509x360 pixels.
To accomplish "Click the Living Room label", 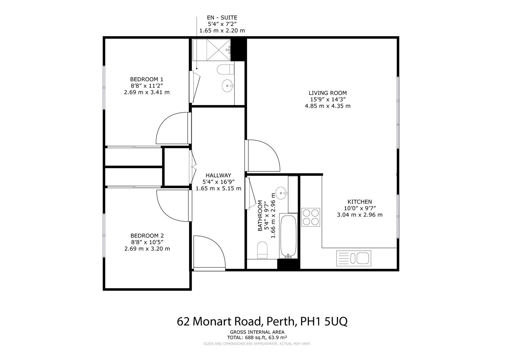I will pos(327,93).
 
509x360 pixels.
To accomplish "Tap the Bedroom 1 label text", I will pos(147,79).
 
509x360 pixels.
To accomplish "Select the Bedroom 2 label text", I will pos(147,235).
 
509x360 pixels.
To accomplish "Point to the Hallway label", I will pos(218,175).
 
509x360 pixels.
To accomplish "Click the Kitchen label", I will pos(360,202).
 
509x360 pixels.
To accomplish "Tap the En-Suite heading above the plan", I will pos(222,18).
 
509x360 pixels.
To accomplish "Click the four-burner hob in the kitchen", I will pos(311,217).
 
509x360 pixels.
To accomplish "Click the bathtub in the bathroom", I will pos(288,236).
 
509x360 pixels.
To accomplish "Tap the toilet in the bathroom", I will pos(262,250).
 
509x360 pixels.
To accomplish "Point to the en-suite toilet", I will pos(225,70).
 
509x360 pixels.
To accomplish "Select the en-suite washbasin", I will pos(228,86).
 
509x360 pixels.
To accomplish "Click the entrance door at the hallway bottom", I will pos(209,252).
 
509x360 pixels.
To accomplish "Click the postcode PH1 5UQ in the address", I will pos(324,322).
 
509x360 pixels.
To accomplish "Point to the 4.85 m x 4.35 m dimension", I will pos(327,106).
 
